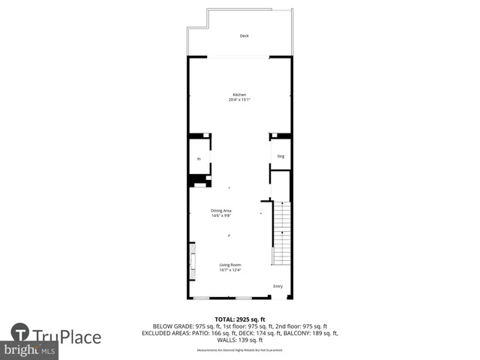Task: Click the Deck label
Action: (x=244, y=36)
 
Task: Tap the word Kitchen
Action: (x=238, y=94)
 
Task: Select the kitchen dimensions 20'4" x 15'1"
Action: (x=238, y=100)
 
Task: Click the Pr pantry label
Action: (x=199, y=159)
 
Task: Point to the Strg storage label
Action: (x=280, y=156)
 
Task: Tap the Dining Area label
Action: (x=220, y=211)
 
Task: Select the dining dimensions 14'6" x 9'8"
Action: (x=220, y=216)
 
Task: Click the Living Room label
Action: (x=230, y=265)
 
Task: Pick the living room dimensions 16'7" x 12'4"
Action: (x=230, y=270)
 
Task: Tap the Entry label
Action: (x=277, y=286)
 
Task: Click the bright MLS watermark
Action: (x=30, y=350)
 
